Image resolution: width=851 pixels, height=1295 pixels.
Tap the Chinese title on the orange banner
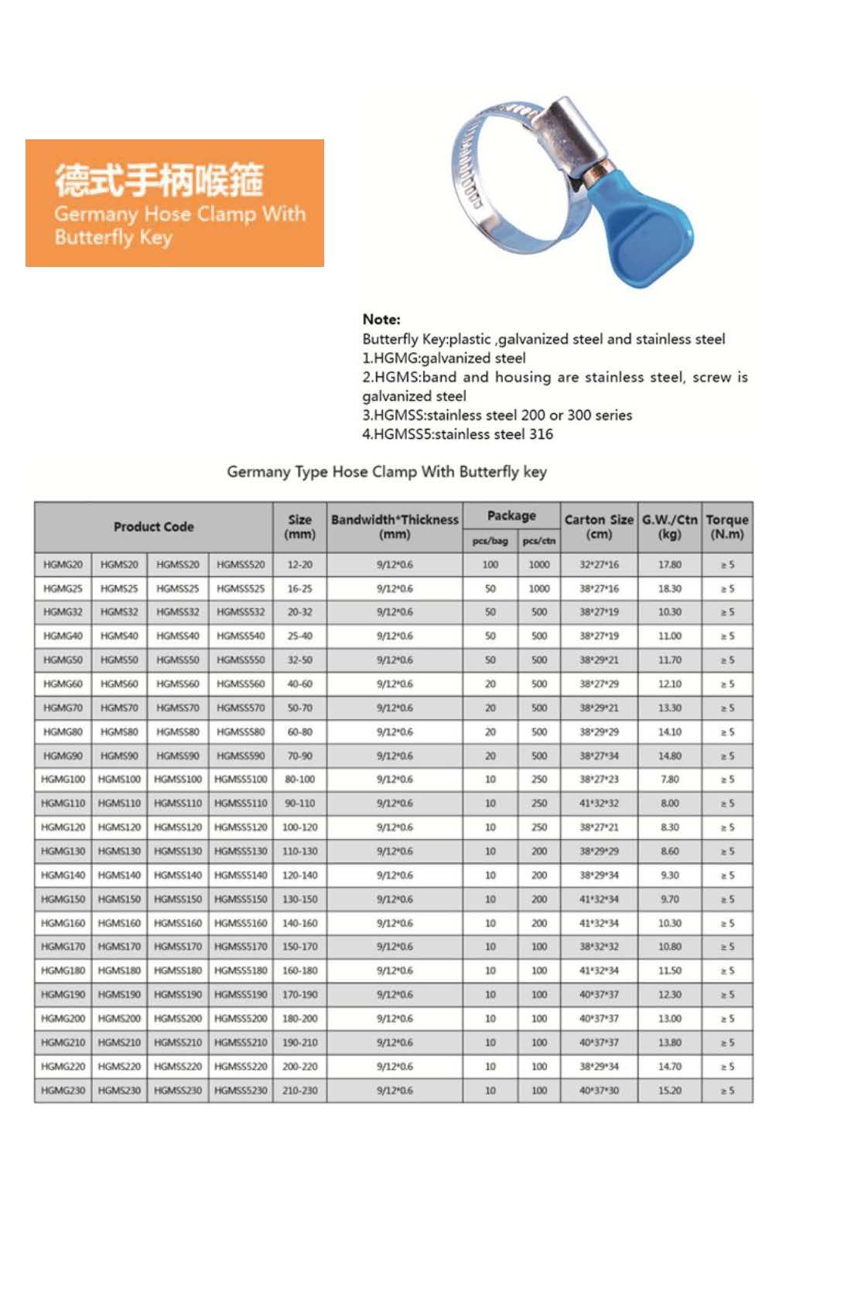click(159, 180)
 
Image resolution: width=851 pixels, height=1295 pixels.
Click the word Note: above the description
click(381, 320)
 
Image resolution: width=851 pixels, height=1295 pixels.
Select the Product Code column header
click(153, 527)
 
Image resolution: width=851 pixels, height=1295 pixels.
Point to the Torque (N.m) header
click(727, 527)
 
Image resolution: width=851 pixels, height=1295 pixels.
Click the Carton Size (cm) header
click(599, 527)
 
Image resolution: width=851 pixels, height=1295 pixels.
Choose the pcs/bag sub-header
click(490, 541)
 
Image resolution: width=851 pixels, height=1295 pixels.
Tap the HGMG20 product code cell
click(63, 565)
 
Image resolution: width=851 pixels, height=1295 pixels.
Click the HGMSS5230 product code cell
click(241, 1091)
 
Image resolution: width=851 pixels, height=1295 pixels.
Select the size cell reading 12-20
click(299, 565)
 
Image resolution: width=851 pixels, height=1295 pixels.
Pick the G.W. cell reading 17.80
click(670, 565)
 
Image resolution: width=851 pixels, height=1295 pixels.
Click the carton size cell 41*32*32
click(599, 803)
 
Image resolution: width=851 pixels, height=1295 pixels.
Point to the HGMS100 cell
click(119, 779)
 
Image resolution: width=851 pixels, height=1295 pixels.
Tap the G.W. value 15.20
click(670, 1091)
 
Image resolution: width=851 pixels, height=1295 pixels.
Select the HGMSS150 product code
click(177, 899)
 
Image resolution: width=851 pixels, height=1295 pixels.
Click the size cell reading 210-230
click(299, 1091)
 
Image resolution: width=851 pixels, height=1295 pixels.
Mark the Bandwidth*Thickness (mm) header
click(395, 527)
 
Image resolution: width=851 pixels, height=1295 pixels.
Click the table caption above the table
click(387, 472)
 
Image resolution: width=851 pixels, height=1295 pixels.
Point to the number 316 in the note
click(541, 434)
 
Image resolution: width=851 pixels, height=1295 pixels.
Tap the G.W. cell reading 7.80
click(670, 779)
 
